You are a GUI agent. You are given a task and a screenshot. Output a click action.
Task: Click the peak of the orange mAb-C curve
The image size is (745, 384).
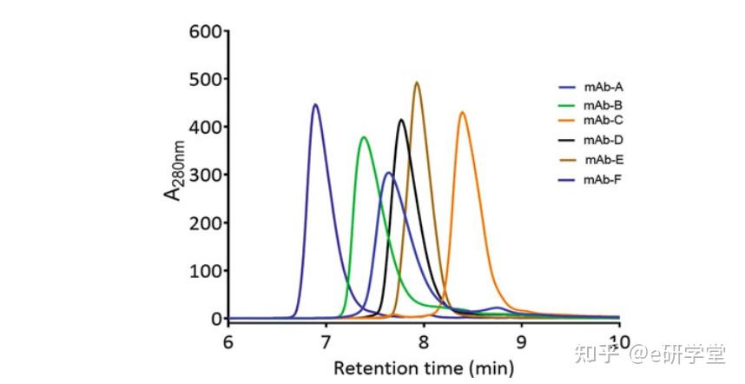(x=463, y=112)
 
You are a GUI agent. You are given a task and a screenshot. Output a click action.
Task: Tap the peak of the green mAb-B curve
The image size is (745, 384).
(x=364, y=137)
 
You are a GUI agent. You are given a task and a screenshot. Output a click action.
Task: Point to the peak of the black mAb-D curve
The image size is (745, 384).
(x=401, y=120)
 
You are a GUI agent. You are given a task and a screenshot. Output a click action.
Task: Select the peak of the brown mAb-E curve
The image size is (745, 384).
(x=417, y=83)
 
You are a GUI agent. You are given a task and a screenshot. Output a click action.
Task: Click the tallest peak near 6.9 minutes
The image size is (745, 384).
(x=315, y=105)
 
